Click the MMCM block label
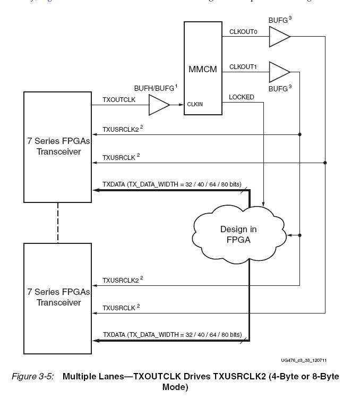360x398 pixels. coord(202,69)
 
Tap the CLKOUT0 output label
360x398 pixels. coord(243,32)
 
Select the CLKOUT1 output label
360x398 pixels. coord(243,66)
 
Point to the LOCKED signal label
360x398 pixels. coord(241,97)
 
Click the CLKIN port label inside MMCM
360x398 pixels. coord(194,105)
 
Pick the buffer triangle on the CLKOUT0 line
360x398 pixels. coord(279,37)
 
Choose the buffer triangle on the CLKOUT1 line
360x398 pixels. coord(279,71)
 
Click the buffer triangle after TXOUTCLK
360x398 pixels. coord(158,105)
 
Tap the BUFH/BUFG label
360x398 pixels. coord(155,86)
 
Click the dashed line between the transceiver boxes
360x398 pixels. coord(57,222)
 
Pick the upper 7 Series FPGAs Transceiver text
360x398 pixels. coord(58,147)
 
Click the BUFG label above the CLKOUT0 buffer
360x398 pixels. coord(280,20)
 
